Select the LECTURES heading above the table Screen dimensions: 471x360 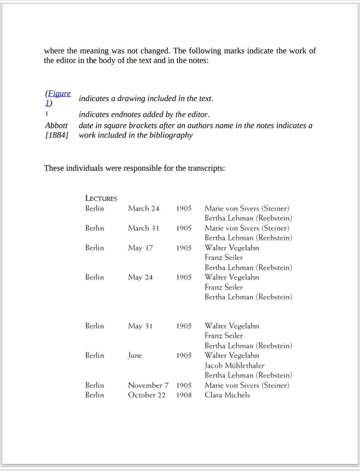101,198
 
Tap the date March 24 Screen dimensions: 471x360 144,208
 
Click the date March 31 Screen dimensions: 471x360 144,228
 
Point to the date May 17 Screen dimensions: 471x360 140,248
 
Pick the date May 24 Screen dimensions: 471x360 140,277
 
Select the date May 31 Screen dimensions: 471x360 140,326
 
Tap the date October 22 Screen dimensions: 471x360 147,395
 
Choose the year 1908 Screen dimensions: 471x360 184,395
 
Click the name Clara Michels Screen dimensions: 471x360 227,395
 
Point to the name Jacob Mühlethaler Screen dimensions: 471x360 235,365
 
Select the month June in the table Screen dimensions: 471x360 135,356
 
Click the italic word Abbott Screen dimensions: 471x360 56,126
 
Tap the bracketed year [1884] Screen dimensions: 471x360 56,135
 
